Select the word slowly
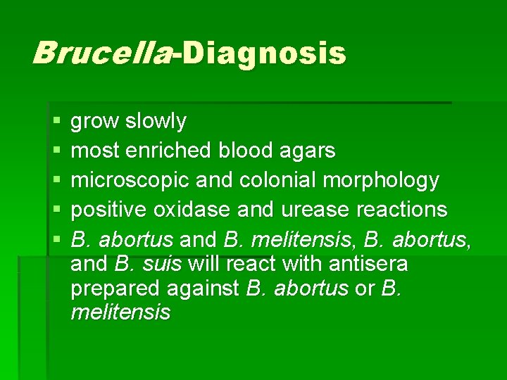tap(156, 122)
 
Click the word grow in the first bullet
tap(96, 122)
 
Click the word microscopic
tap(128, 181)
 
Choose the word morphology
tap(382, 181)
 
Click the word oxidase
tap(197, 210)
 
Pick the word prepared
tap(114, 289)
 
